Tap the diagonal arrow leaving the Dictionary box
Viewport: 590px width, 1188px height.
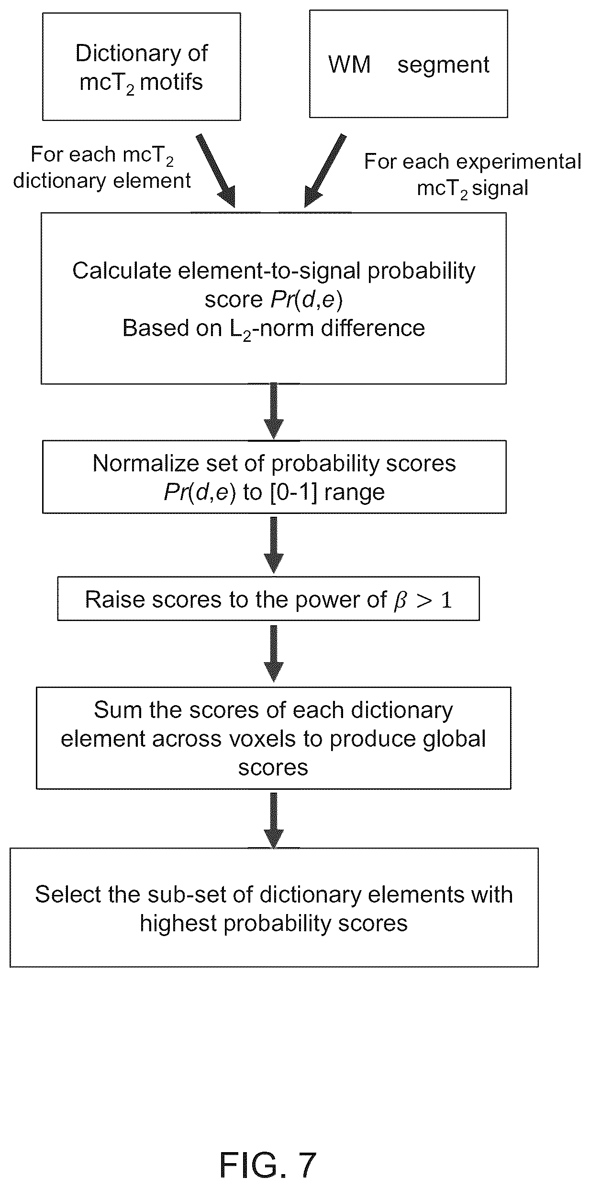pos(216,170)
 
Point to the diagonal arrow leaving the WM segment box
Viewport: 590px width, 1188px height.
pos(325,170)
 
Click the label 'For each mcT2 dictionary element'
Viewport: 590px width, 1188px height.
pos(102,168)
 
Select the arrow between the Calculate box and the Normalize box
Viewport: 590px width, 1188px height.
pos(274,411)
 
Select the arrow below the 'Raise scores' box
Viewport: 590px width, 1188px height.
pos(274,653)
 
